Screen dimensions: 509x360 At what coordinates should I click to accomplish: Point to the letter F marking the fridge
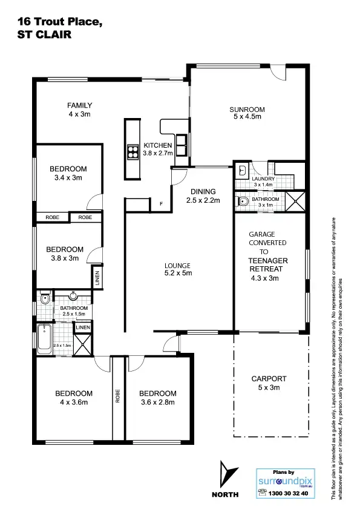(x=161, y=204)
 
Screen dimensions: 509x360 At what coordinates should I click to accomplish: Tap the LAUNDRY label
(x=264, y=179)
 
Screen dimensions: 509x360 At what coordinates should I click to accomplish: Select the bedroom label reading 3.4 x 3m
(x=68, y=173)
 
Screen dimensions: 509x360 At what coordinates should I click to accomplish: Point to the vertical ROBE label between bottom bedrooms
(x=118, y=396)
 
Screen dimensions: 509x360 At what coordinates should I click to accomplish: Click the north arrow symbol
(x=225, y=475)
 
